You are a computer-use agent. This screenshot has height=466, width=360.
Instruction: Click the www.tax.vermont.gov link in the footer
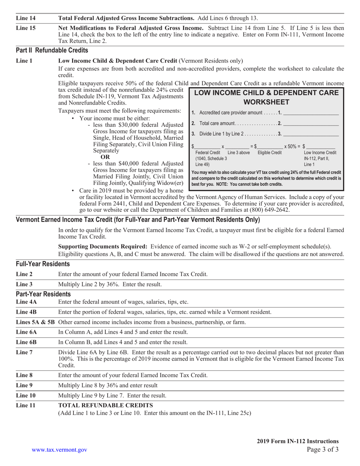pos(59,449)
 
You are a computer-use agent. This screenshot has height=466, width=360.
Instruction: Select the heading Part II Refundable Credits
pos(52,50)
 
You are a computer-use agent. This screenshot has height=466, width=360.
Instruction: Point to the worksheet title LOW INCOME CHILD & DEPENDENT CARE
pos(266,93)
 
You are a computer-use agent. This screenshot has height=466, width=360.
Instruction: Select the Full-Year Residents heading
pos(43,264)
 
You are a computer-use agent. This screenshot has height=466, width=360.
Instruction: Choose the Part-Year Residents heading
pos(43,294)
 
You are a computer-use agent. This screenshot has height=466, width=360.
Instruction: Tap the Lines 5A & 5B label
pos(36,322)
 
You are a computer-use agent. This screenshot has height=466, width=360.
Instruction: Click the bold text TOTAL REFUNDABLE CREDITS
pos(106,405)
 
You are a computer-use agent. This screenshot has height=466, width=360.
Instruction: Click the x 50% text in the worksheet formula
pos(292,146)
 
